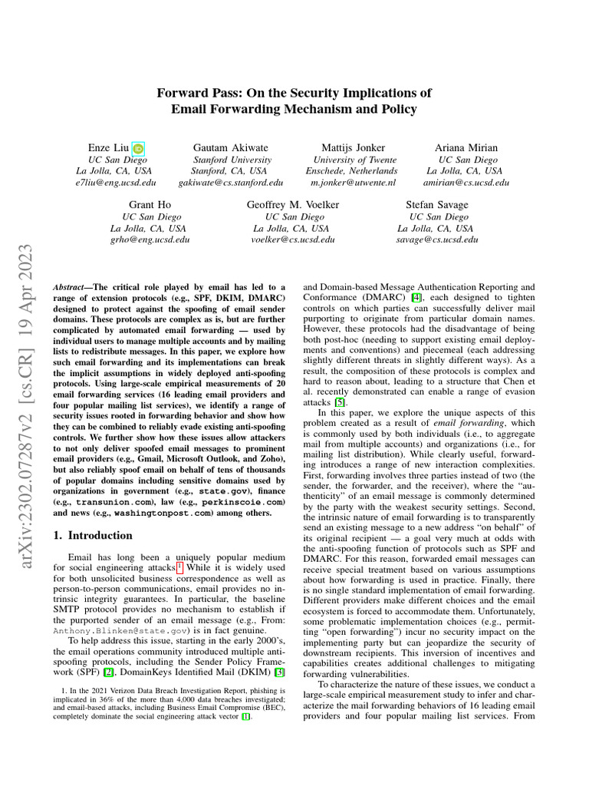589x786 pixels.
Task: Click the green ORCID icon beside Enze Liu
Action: (138, 148)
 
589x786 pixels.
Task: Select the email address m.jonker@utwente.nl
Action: (352, 183)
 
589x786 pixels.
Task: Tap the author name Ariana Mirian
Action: (466, 147)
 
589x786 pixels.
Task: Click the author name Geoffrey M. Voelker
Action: (292, 205)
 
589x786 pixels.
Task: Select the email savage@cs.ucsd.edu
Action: (436, 239)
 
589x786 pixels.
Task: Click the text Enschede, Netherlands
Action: (352, 171)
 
